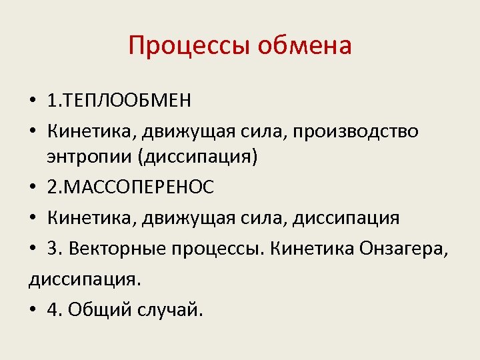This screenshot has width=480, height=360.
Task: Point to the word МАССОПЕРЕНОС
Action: tap(138, 187)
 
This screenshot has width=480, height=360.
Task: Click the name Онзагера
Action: tap(405, 249)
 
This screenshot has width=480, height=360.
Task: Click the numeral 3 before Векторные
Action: tap(52, 249)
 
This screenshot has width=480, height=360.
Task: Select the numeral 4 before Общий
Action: tap(52, 310)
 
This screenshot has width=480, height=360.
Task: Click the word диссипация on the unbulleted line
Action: tap(83, 279)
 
